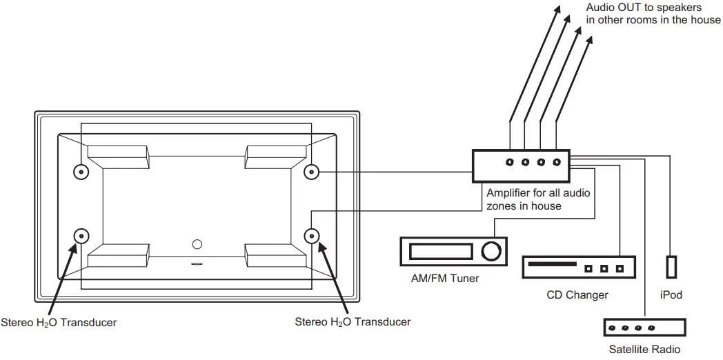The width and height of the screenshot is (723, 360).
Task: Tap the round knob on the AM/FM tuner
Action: tap(491, 252)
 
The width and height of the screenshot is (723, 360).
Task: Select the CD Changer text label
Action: tap(577, 295)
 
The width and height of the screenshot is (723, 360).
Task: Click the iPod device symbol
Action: tap(671, 267)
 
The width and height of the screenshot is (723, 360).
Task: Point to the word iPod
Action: tap(671, 295)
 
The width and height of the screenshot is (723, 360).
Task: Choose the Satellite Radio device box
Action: tap(644, 328)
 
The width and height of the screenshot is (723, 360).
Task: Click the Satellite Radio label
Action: tap(644, 350)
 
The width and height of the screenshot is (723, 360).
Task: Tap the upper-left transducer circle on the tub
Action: tap(81, 171)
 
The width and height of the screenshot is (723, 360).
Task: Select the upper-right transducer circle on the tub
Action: tap(312, 171)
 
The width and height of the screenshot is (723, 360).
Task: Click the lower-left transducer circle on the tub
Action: tap(81, 237)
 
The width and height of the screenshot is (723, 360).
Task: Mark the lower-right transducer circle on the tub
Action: tap(312, 237)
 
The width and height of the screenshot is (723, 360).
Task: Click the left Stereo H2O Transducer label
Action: tap(59, 322)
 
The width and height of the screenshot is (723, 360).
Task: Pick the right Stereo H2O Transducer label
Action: tap(353, 322)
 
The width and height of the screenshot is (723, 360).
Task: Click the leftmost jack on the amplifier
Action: tap(510, 163)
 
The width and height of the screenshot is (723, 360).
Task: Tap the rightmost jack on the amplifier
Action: tap(556, 163)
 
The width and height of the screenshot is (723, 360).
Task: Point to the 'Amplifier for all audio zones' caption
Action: tap(538, 199)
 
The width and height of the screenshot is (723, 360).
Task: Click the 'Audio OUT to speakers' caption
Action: tap(653, 14)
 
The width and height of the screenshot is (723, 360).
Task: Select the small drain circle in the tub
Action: tap(197, 244)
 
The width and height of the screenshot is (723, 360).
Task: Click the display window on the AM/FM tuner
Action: tap(442, 250)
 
